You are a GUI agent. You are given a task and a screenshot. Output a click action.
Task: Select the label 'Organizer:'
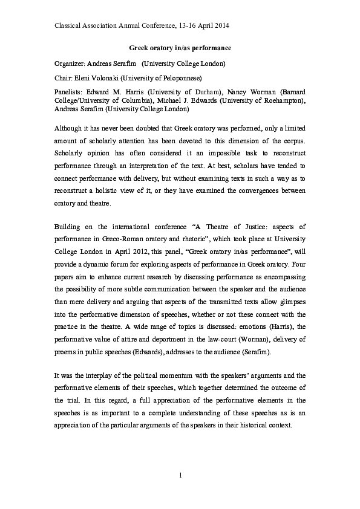tap(70, 63)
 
